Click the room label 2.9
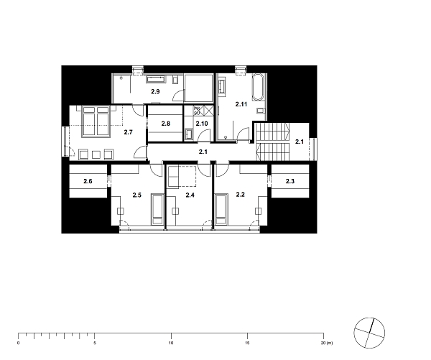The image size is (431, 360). point(154,93)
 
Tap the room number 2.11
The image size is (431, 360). point(241,106)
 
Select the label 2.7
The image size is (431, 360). point(129,132)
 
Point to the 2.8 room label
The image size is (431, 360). point(165,124)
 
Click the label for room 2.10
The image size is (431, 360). point(202,124)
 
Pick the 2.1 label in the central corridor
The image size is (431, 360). point(203,152)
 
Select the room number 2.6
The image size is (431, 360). point(88,182)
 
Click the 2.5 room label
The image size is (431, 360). point(136,195)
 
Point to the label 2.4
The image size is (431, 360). point(190,195)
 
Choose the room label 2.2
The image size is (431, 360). point(241,195)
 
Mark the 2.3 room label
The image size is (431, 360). point(289,182)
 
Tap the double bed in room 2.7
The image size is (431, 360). point(94,120)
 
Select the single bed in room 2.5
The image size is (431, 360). point(156,211)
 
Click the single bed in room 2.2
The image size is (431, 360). point(223,211)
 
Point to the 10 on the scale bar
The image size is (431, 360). point(171,343)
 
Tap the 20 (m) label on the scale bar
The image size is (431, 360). point(326,343)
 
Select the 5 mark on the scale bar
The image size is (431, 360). point(95,343)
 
